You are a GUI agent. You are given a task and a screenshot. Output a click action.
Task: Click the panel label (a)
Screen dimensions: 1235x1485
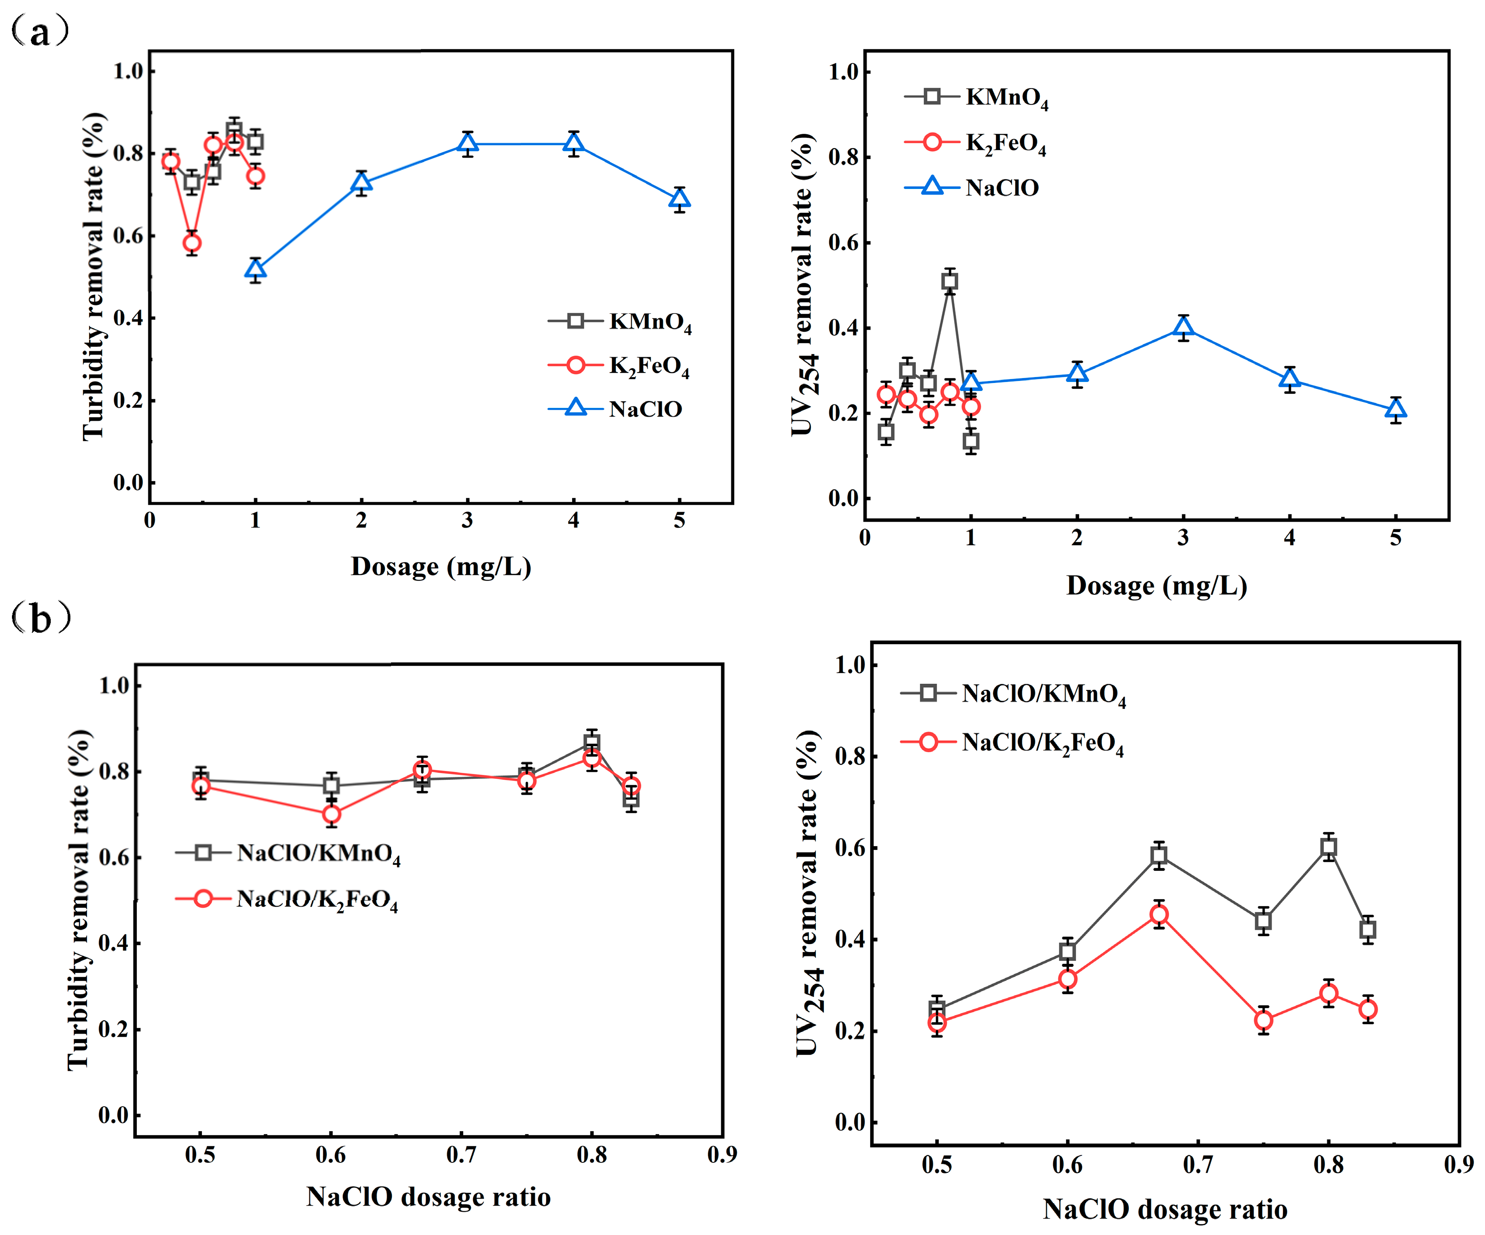[40, 32]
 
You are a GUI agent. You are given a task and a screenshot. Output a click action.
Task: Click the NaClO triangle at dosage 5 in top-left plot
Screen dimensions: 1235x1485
[680, 199]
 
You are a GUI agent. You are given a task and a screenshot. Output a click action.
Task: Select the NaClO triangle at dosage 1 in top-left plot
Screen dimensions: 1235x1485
[255, 270]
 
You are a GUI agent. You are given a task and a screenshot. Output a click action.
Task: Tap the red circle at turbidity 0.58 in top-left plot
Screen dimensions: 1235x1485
[192, 243]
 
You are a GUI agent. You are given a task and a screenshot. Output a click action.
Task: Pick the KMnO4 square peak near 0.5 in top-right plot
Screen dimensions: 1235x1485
[950, 282]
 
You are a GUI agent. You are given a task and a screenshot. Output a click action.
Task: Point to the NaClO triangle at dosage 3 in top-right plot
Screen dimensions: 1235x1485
[1184, 327]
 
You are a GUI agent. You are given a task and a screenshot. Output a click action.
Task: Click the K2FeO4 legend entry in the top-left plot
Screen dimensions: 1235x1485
[619, 366]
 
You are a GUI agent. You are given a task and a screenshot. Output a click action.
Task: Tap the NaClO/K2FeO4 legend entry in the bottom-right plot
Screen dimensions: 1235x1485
[1012, 742]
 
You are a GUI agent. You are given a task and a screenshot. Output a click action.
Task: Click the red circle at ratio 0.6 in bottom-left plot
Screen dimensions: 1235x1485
[331, 814]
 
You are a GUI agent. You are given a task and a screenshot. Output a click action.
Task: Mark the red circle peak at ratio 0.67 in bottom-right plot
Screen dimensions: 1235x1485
[1158, 915]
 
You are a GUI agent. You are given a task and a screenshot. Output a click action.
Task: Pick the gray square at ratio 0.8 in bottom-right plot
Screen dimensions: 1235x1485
[1329, 848]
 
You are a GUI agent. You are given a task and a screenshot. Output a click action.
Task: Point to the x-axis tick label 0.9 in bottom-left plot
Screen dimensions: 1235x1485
[722, 1154]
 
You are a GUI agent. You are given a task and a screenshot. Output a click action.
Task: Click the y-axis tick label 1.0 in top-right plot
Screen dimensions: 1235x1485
[843, 72]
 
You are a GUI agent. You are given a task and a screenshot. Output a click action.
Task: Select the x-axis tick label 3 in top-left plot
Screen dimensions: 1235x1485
[468, 520]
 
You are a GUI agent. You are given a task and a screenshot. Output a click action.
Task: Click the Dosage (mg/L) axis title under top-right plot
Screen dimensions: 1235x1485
[1156, 585]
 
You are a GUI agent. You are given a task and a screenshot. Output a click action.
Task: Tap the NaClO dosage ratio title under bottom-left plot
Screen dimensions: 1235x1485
[428, 1197]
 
